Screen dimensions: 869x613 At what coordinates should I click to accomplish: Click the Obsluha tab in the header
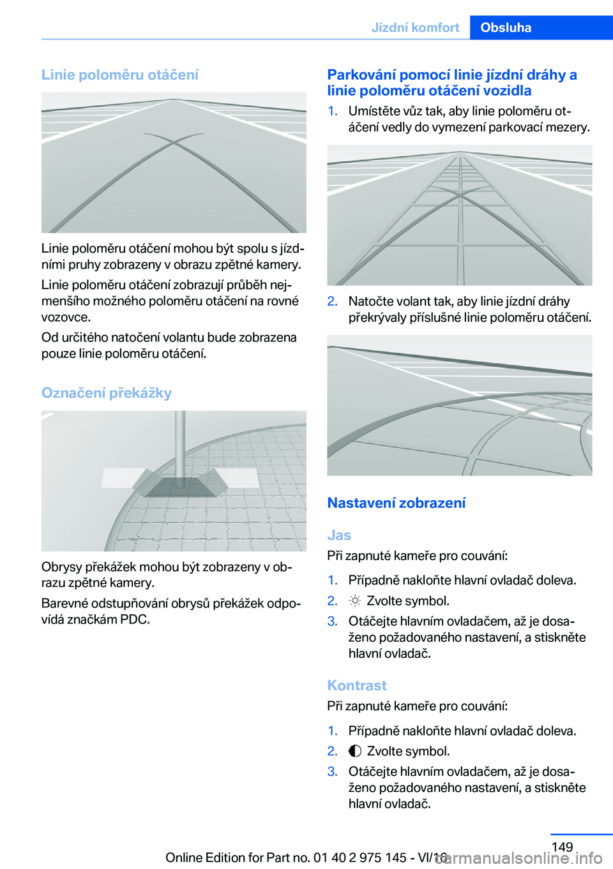(x=506, y=27)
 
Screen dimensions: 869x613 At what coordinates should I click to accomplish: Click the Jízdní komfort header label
(x=415, y=27)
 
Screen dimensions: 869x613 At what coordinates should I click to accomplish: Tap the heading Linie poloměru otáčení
(x=120, y=75)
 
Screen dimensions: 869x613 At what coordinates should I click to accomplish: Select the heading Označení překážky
(x=107, y=393)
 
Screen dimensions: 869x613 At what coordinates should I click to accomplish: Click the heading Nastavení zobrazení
(x=397, y=503)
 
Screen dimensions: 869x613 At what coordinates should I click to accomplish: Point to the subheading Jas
(x=339, y=535)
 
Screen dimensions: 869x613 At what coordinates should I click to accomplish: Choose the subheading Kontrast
(x=357, y=685)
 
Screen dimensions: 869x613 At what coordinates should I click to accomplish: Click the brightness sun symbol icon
(x=355, y=601)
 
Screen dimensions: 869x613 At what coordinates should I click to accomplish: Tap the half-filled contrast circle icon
(x=355, y=751)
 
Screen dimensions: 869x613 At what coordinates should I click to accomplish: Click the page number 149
(x=562, y=847)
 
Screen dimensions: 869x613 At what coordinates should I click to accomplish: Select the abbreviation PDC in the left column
(x=133, y=620)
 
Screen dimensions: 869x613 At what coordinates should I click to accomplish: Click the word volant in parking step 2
(x=435, y=301)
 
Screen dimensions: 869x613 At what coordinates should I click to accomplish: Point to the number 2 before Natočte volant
(x=331, y=301)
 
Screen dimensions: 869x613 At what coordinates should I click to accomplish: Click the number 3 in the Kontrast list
(x=331, y=771)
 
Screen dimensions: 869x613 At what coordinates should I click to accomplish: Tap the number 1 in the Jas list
(x=331, y=580)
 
